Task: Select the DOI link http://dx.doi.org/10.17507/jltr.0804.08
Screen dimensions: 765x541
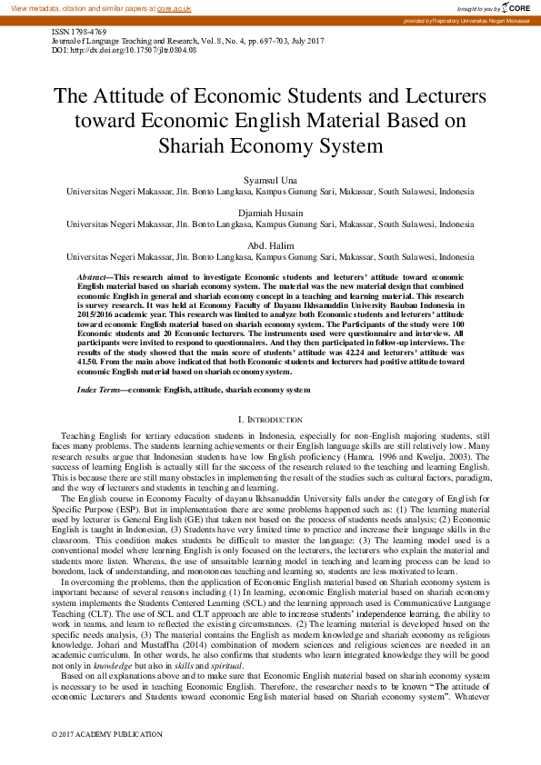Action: point(137,50)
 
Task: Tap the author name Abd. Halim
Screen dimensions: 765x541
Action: point(270,245)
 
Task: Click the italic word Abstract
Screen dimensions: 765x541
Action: point(93,274)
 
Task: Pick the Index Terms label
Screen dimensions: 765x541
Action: point(100,390)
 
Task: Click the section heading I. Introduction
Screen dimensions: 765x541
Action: point(270,420)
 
